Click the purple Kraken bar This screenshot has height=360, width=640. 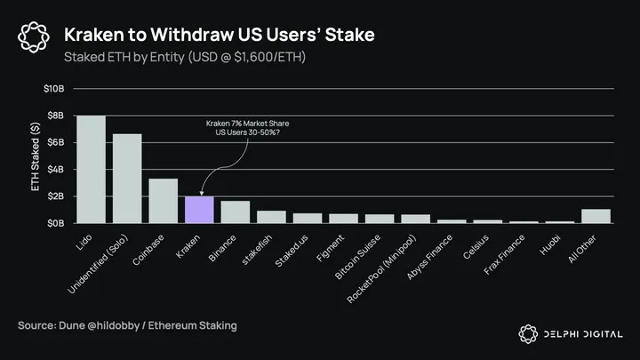click(x=199, y=210)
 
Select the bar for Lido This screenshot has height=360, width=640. click(x=91, y=170)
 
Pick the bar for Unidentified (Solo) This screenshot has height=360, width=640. click(x=127, y=179)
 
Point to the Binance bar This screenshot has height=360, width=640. click(x=235, y=212)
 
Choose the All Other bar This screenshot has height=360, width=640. click(x=596, y=216)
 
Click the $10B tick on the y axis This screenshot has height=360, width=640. click(x=52, y=89)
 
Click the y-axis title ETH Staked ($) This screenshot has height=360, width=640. click(x=36, y=156)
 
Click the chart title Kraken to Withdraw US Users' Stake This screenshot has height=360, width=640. click(x=220, y=35)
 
